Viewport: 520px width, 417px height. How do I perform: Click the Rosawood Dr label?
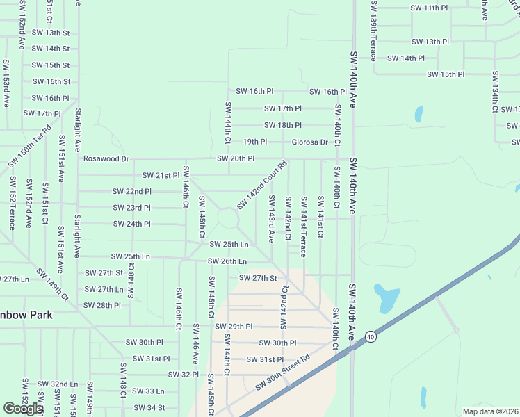point(106,158)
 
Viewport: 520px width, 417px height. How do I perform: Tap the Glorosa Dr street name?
point(309,142)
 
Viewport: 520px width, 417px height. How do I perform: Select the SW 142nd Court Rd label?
point(262,186)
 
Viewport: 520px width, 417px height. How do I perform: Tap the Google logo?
point(23,409)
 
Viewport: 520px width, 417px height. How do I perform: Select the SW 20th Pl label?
point(236,158)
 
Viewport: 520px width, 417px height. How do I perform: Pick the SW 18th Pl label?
point(283,125)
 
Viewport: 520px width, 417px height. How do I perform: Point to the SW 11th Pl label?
point(430,8)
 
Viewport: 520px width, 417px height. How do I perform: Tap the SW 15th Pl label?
point(446,74)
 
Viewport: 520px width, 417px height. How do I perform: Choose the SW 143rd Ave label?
point(271,219)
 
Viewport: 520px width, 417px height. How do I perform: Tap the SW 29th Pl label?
point(234,327)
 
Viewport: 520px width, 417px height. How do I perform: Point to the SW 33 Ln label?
point(148,391)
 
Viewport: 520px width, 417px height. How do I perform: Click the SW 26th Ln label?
point(227,261)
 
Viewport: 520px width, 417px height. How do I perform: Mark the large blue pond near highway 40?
point(387,297)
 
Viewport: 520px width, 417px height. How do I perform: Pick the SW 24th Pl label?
point(131,224)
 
